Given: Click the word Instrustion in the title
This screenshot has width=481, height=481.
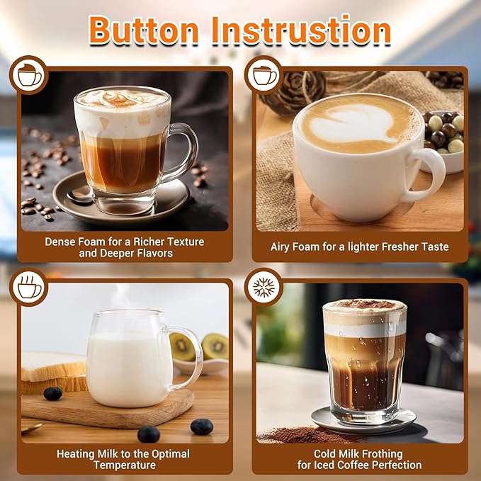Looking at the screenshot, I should (305, 30).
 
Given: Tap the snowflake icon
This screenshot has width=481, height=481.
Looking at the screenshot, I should (264, 287).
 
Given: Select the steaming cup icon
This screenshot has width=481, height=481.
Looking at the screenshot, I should (29, 287).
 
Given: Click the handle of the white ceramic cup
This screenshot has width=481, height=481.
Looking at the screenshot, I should (431, 173).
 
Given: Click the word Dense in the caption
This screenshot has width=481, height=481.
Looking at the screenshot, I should (61, 242).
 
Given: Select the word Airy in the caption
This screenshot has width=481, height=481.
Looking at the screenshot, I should (283, 247).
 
